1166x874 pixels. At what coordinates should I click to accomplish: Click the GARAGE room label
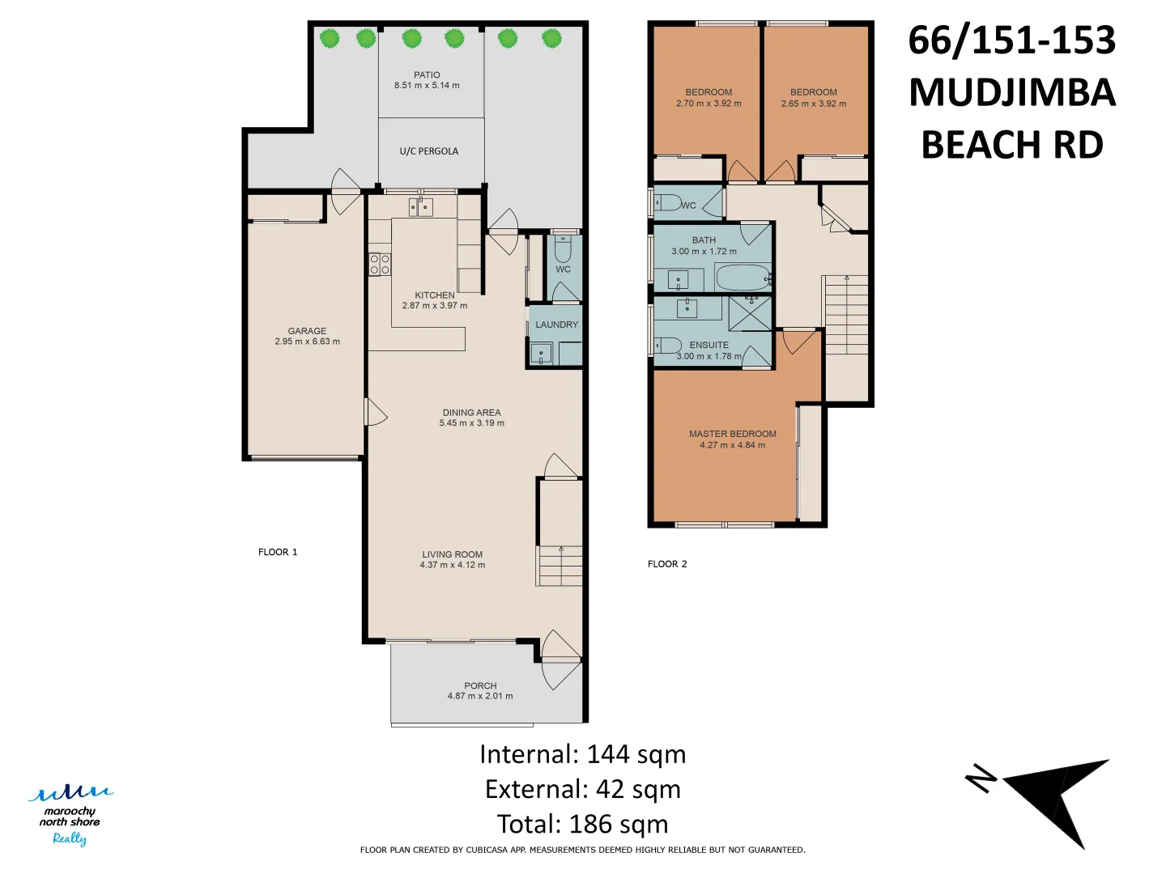pyautogui.click(x=307, y=331)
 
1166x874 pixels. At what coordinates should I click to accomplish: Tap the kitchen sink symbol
pyautogui.click(x=421, y=206)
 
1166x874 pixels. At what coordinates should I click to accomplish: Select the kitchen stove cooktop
pyautogui.click(x=380, y=265)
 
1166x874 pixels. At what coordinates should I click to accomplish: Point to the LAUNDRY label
pyautogui.click(x=556, y=325)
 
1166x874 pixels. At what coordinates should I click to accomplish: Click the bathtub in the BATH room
pyautogui.click(x=743, y=278)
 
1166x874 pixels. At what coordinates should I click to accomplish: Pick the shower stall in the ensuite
pyautogui.click(x=750, y=314)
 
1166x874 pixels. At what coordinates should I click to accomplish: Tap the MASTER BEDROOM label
pyautogui.click(x=733, y=434)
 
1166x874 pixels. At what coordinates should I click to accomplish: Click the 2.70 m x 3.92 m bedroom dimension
pyautogui.click(x=709, y=104)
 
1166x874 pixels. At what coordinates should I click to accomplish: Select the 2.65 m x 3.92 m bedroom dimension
pyautogui.click(x=813, y=104)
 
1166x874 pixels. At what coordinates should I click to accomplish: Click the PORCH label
pyautogui.click(x=480, y=685)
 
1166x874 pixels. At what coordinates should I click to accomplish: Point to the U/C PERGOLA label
pyautogui.click(x=428, y=151)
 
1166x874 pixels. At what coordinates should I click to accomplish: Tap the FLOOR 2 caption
pyautogui.click(x=667, y=564)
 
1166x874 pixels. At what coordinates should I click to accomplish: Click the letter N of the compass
pyautogui.click(x=981, y=779)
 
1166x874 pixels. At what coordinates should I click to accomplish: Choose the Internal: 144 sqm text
pyautogui.click(x=583, y=754)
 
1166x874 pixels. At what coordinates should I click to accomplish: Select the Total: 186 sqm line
pyautogui.click(x=583, y=824)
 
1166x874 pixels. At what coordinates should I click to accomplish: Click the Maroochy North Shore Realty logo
pyautogui.click(x=70, y=816)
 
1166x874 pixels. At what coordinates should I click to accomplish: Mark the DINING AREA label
pyautogui.click(x=472, y=413)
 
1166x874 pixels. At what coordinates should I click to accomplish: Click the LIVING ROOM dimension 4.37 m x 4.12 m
pyautogui.click(x=452, y=565)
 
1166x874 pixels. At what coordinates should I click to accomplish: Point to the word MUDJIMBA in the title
pyautogui.click(x=1012, y=92)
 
